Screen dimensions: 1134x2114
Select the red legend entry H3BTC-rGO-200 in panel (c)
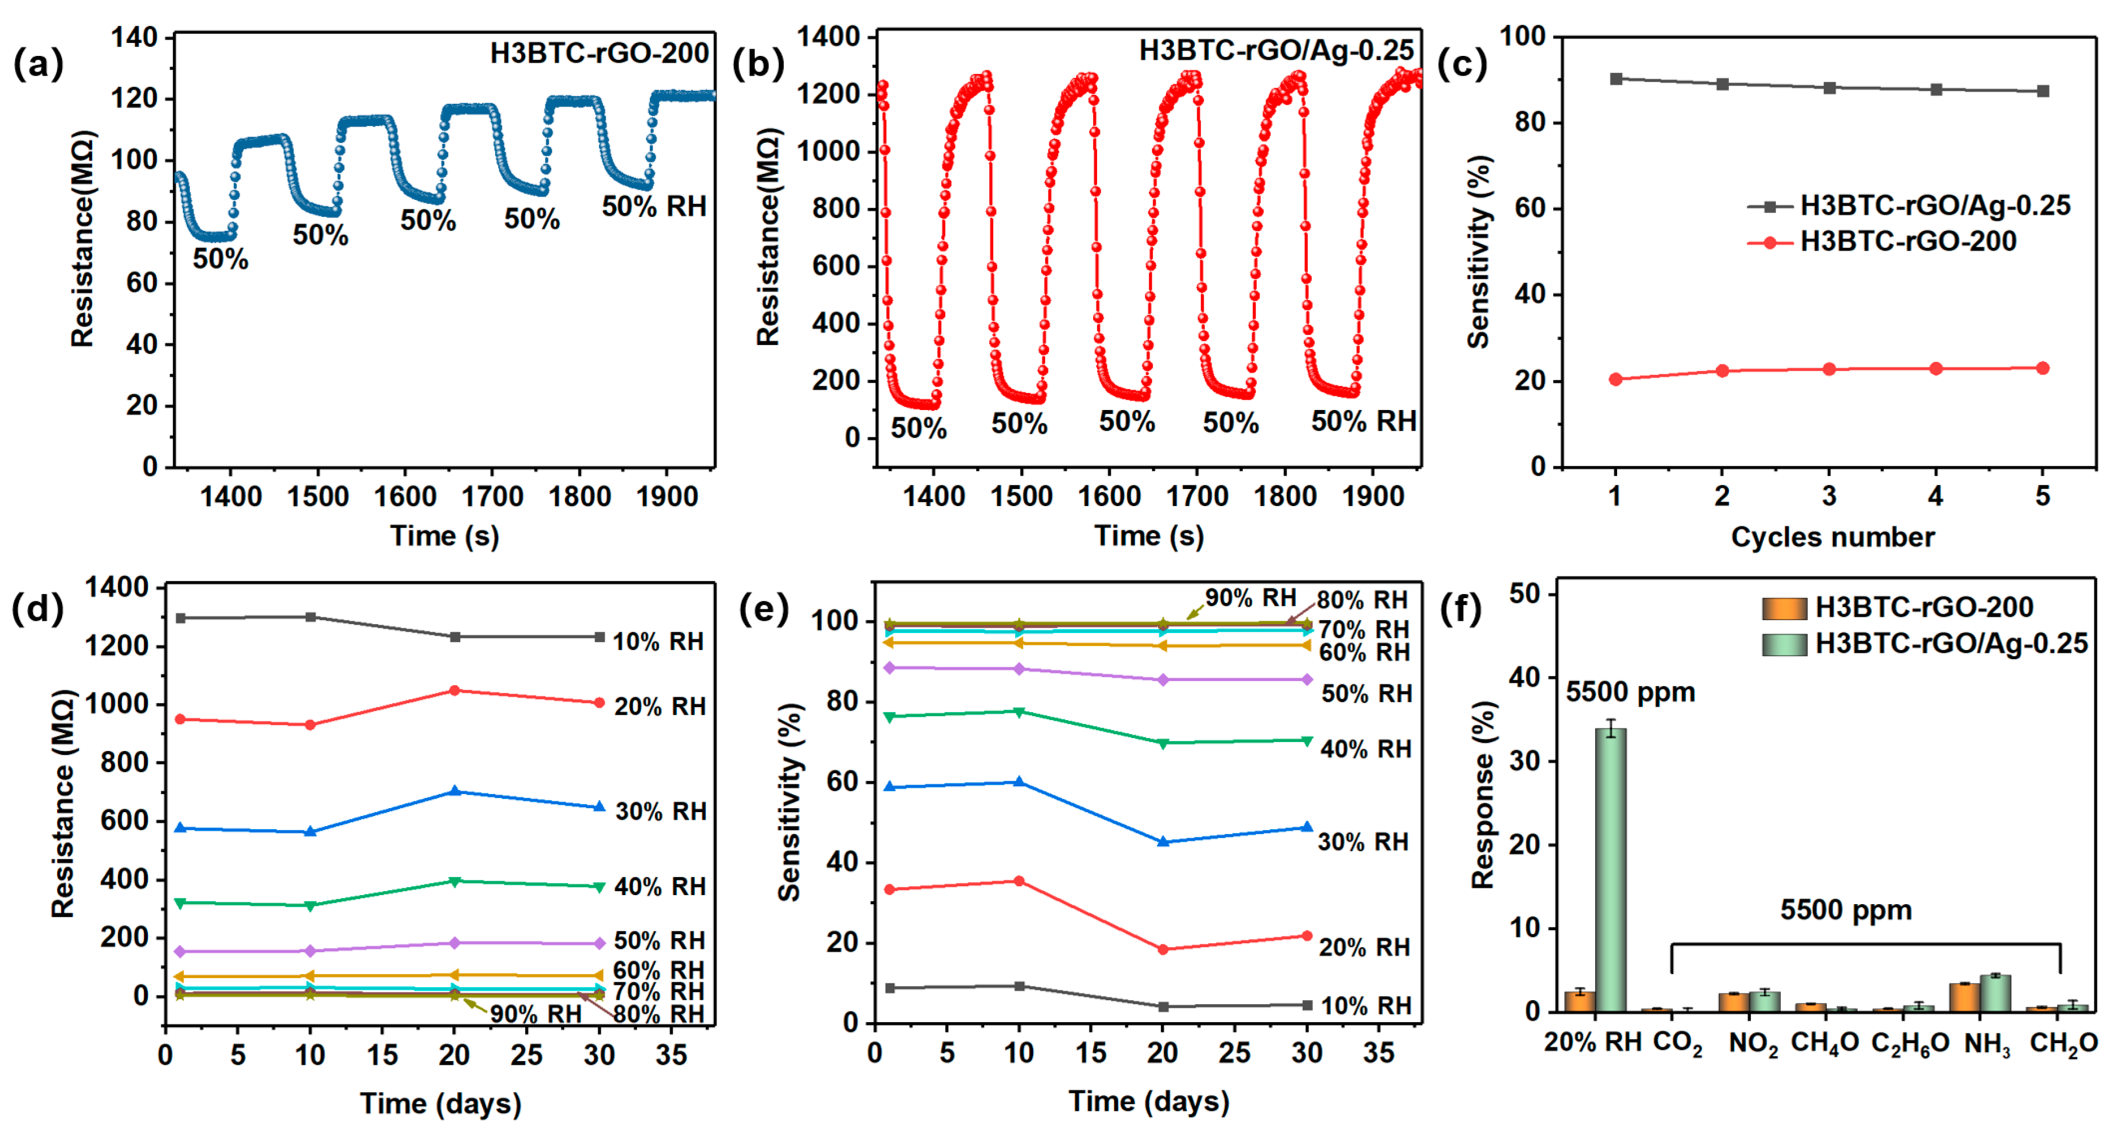[1907, 241]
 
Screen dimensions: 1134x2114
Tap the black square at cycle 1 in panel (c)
[1616, 78]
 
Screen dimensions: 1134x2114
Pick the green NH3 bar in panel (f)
[1995, 993]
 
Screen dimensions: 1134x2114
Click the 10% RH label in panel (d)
[658, 642]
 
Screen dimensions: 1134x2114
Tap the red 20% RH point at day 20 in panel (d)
[455, 691]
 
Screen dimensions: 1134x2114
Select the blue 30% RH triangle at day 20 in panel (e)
[1163, 842]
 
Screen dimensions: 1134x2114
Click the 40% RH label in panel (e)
[1365, 749]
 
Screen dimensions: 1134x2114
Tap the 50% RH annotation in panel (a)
[654, 207]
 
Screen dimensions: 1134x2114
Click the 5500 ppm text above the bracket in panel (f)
[1846, 910]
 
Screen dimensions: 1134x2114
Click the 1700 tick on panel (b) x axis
[1196, 496]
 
